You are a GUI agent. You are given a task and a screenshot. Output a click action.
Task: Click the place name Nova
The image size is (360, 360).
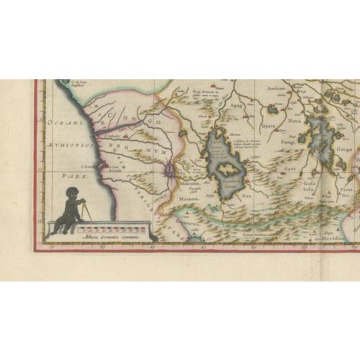[x=295, y=122]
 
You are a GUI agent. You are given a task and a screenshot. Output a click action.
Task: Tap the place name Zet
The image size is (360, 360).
[x=247, y=195]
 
